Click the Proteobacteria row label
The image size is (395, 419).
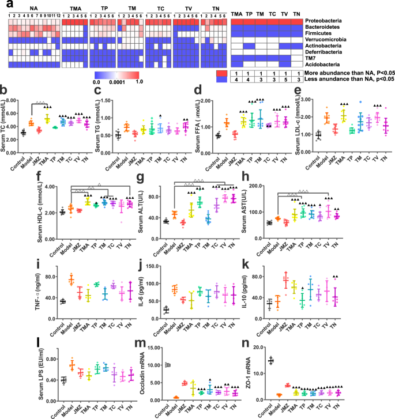click(x=327, y=21)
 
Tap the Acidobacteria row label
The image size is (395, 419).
click(x=325, y=64)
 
